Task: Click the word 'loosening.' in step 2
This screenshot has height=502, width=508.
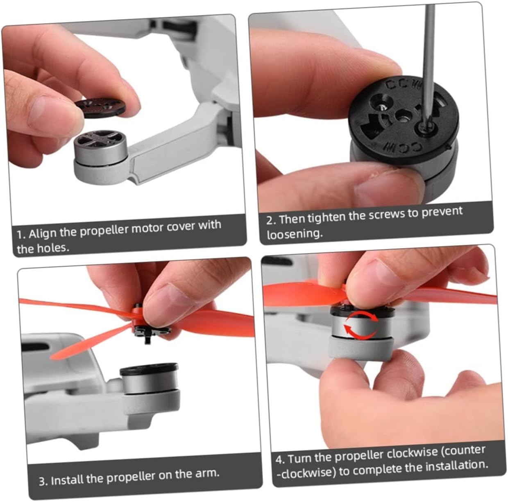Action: click(x=295, y=233)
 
